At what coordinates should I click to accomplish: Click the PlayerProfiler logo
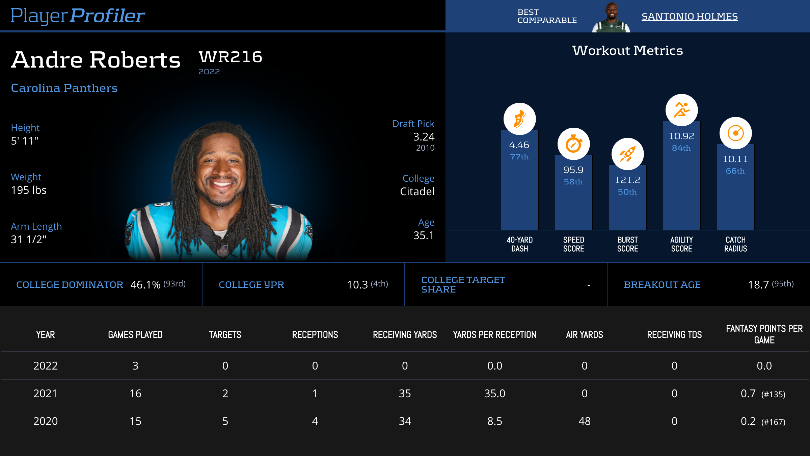point(78,16)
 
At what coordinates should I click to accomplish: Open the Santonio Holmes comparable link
point(690,16)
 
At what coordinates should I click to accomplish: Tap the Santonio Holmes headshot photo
point(611,17)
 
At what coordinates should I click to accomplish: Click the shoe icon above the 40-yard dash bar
point(519,119)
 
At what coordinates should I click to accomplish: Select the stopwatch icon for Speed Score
point(573,144)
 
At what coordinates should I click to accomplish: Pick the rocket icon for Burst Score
point(627,154)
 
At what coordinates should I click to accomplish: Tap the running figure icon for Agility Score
point(681,110)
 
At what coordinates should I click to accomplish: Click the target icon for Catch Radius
point(735,133)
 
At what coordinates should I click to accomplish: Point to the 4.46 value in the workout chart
point(519,145)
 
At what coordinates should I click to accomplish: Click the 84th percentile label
point(681,148)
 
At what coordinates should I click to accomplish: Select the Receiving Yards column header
point(405,335)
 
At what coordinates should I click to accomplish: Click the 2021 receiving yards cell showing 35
point(405,394)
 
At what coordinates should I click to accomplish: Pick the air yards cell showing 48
point(584,421)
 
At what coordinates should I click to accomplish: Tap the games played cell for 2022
point(135,366)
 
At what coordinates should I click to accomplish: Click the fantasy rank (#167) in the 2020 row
point(773,422)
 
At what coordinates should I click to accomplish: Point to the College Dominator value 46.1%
point(145,285)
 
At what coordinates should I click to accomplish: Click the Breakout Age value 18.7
point(758,285)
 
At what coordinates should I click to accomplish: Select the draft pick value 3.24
point(424,137)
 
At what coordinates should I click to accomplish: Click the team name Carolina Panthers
point(64,88)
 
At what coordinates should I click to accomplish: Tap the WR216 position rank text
point(231,57)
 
